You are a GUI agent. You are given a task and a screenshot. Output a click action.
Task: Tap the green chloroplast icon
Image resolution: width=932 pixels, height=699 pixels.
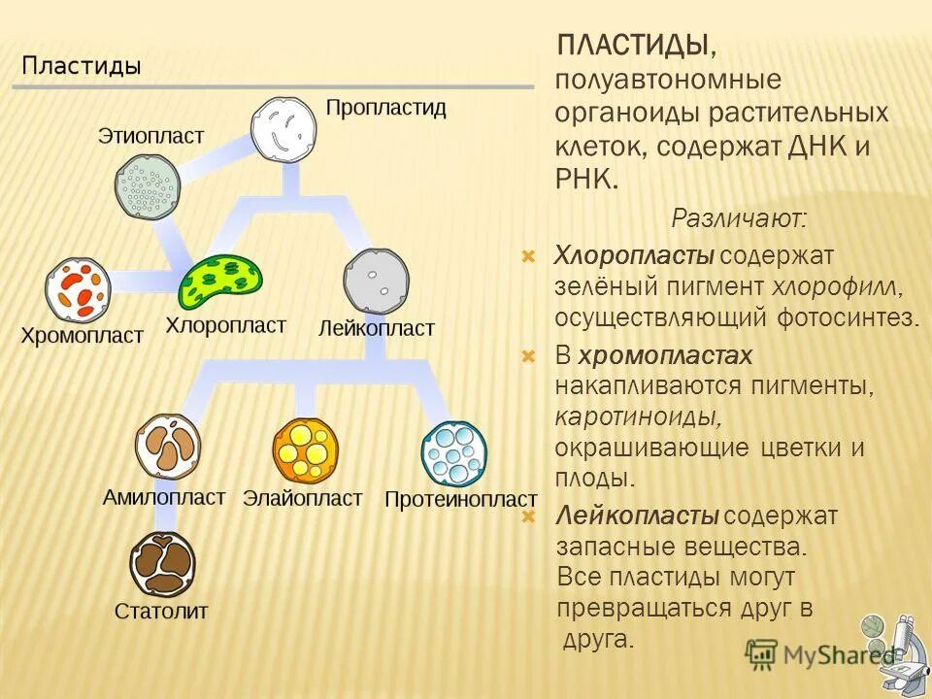(x=220, y=282)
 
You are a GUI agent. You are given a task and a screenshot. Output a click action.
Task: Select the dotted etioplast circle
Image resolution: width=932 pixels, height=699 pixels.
(x=148, y=186)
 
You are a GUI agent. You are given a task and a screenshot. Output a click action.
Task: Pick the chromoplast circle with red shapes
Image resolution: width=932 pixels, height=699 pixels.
(x=78, y=289)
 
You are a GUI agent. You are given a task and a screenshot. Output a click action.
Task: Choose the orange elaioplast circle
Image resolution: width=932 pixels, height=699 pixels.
(x=305, y=449)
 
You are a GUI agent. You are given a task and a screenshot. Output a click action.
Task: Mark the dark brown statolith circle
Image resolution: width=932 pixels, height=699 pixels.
(x=162, y=565)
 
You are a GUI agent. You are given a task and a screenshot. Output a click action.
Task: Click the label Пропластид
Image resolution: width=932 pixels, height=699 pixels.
(x=385, y=108)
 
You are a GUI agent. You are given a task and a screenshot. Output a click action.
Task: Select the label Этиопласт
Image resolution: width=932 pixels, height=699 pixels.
(x=150, y=136)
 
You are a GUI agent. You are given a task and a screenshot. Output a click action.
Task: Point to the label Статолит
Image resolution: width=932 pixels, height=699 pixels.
(x=161, y=613)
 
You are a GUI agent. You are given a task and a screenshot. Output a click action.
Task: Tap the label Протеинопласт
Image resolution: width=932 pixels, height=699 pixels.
(x=460, y=500)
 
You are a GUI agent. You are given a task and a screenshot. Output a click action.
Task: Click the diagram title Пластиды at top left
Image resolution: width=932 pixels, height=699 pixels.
(x=82, y=66)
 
